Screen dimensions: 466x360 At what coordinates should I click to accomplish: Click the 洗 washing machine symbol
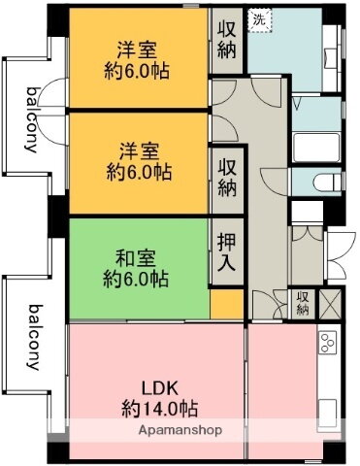258,17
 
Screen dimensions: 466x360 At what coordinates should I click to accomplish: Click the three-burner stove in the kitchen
327,345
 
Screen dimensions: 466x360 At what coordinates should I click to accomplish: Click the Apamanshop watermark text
180,430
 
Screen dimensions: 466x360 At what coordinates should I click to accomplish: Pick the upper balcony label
32,121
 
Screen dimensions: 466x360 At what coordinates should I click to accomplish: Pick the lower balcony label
32,337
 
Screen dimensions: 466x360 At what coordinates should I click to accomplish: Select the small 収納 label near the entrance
303,303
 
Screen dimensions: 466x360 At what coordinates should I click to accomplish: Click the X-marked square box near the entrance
332,303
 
